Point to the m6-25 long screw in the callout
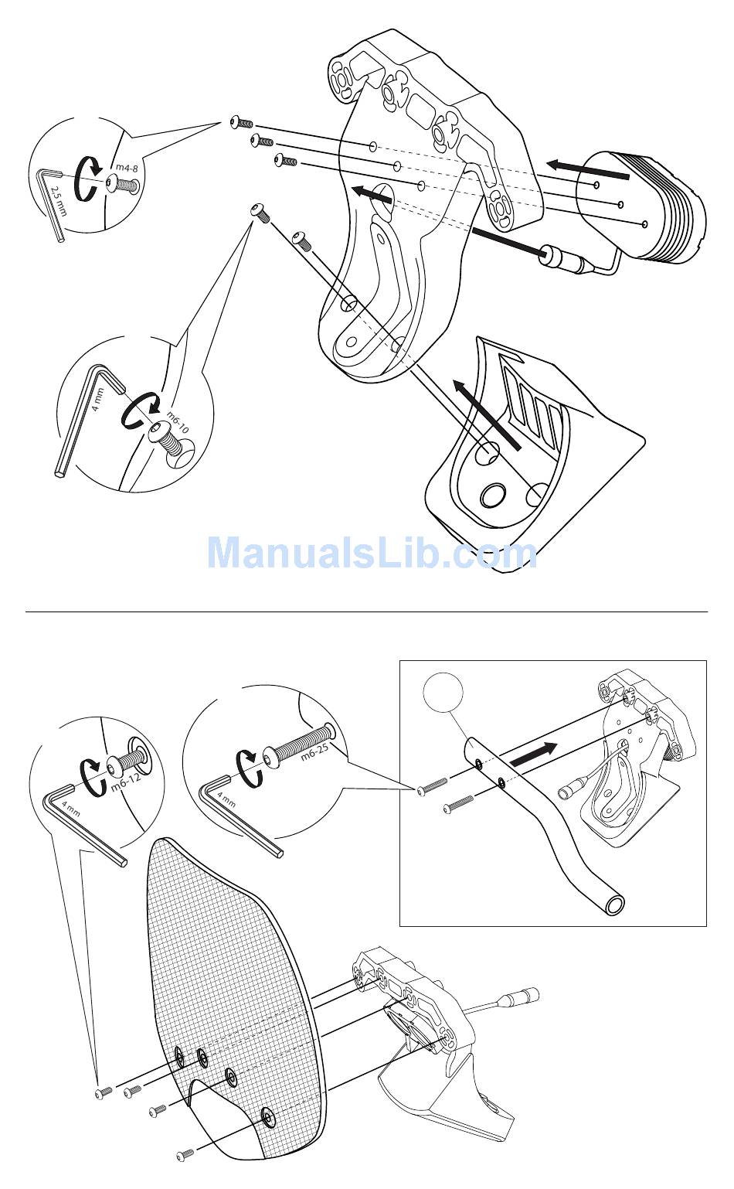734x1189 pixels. (x=297, y=742)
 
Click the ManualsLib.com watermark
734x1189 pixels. (x=372, y=553)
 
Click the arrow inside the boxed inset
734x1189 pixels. (x=532, y=753)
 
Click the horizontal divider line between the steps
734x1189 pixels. (x=367, y=612)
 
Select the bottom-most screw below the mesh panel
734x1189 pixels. (x=185, y=1155)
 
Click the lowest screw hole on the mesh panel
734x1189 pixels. (x=267, y=1115)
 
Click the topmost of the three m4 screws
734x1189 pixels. (x=241, y=123)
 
